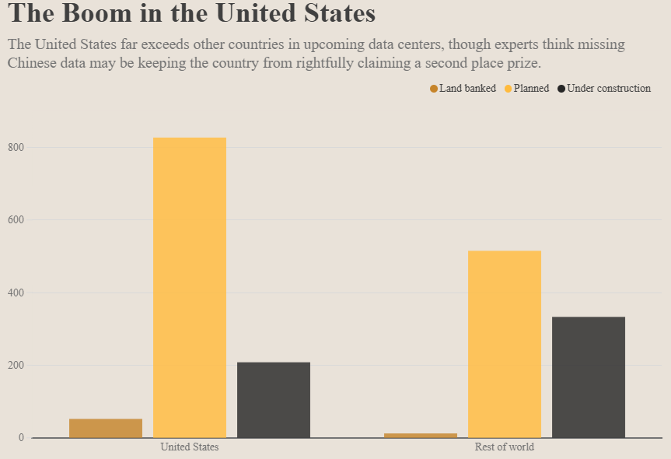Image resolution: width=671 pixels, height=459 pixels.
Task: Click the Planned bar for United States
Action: (190, 288)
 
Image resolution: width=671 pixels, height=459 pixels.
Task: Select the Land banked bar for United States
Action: (106, 428)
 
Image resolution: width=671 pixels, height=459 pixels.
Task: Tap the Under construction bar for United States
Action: (274, 400)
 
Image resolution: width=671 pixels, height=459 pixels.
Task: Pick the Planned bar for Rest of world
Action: (505, 344)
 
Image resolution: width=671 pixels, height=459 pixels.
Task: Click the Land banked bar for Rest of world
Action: (421, 435)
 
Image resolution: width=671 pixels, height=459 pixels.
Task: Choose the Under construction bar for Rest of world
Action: (589, 377)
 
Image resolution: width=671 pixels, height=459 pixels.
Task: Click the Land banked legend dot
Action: (434, 89)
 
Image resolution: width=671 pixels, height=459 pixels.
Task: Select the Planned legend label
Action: (531, 89)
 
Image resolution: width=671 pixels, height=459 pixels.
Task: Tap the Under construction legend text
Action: (609, 89)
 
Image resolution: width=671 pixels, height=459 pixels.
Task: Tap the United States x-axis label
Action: (190, 447)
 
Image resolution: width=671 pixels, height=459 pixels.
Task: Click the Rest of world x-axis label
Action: (505, 447)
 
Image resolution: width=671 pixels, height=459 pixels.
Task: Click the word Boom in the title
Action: (103, 13)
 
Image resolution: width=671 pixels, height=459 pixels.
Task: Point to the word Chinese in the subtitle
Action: (33, 62)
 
